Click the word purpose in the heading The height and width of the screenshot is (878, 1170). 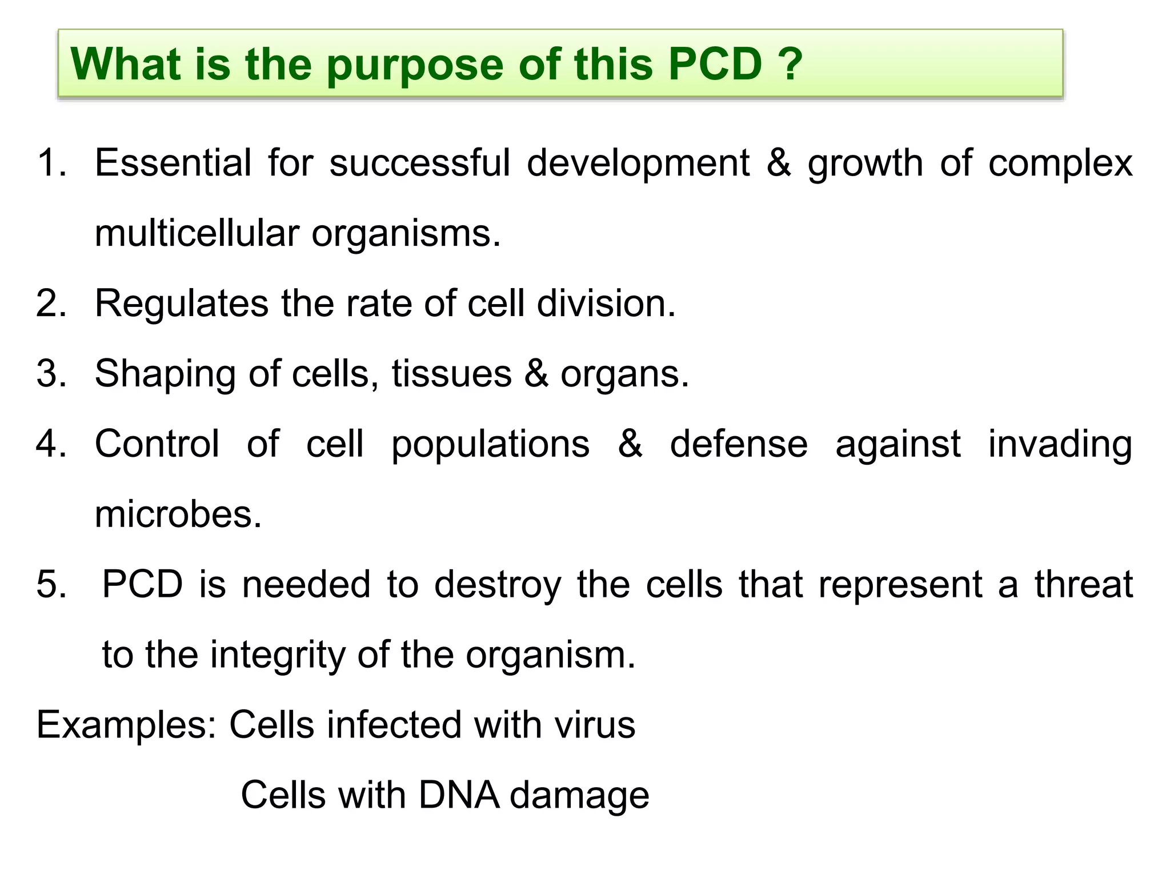point(415,65)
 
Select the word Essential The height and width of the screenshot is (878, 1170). point(173,163)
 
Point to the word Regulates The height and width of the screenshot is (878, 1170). point(181,303)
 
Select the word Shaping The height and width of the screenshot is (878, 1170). point(165,374)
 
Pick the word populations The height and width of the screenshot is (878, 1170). point(490,445)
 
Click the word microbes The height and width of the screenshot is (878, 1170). point(178,514)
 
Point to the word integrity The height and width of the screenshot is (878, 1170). point(278,655)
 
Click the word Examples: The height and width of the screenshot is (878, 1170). point(126,725)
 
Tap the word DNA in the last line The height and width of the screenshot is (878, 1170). point(458,795)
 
